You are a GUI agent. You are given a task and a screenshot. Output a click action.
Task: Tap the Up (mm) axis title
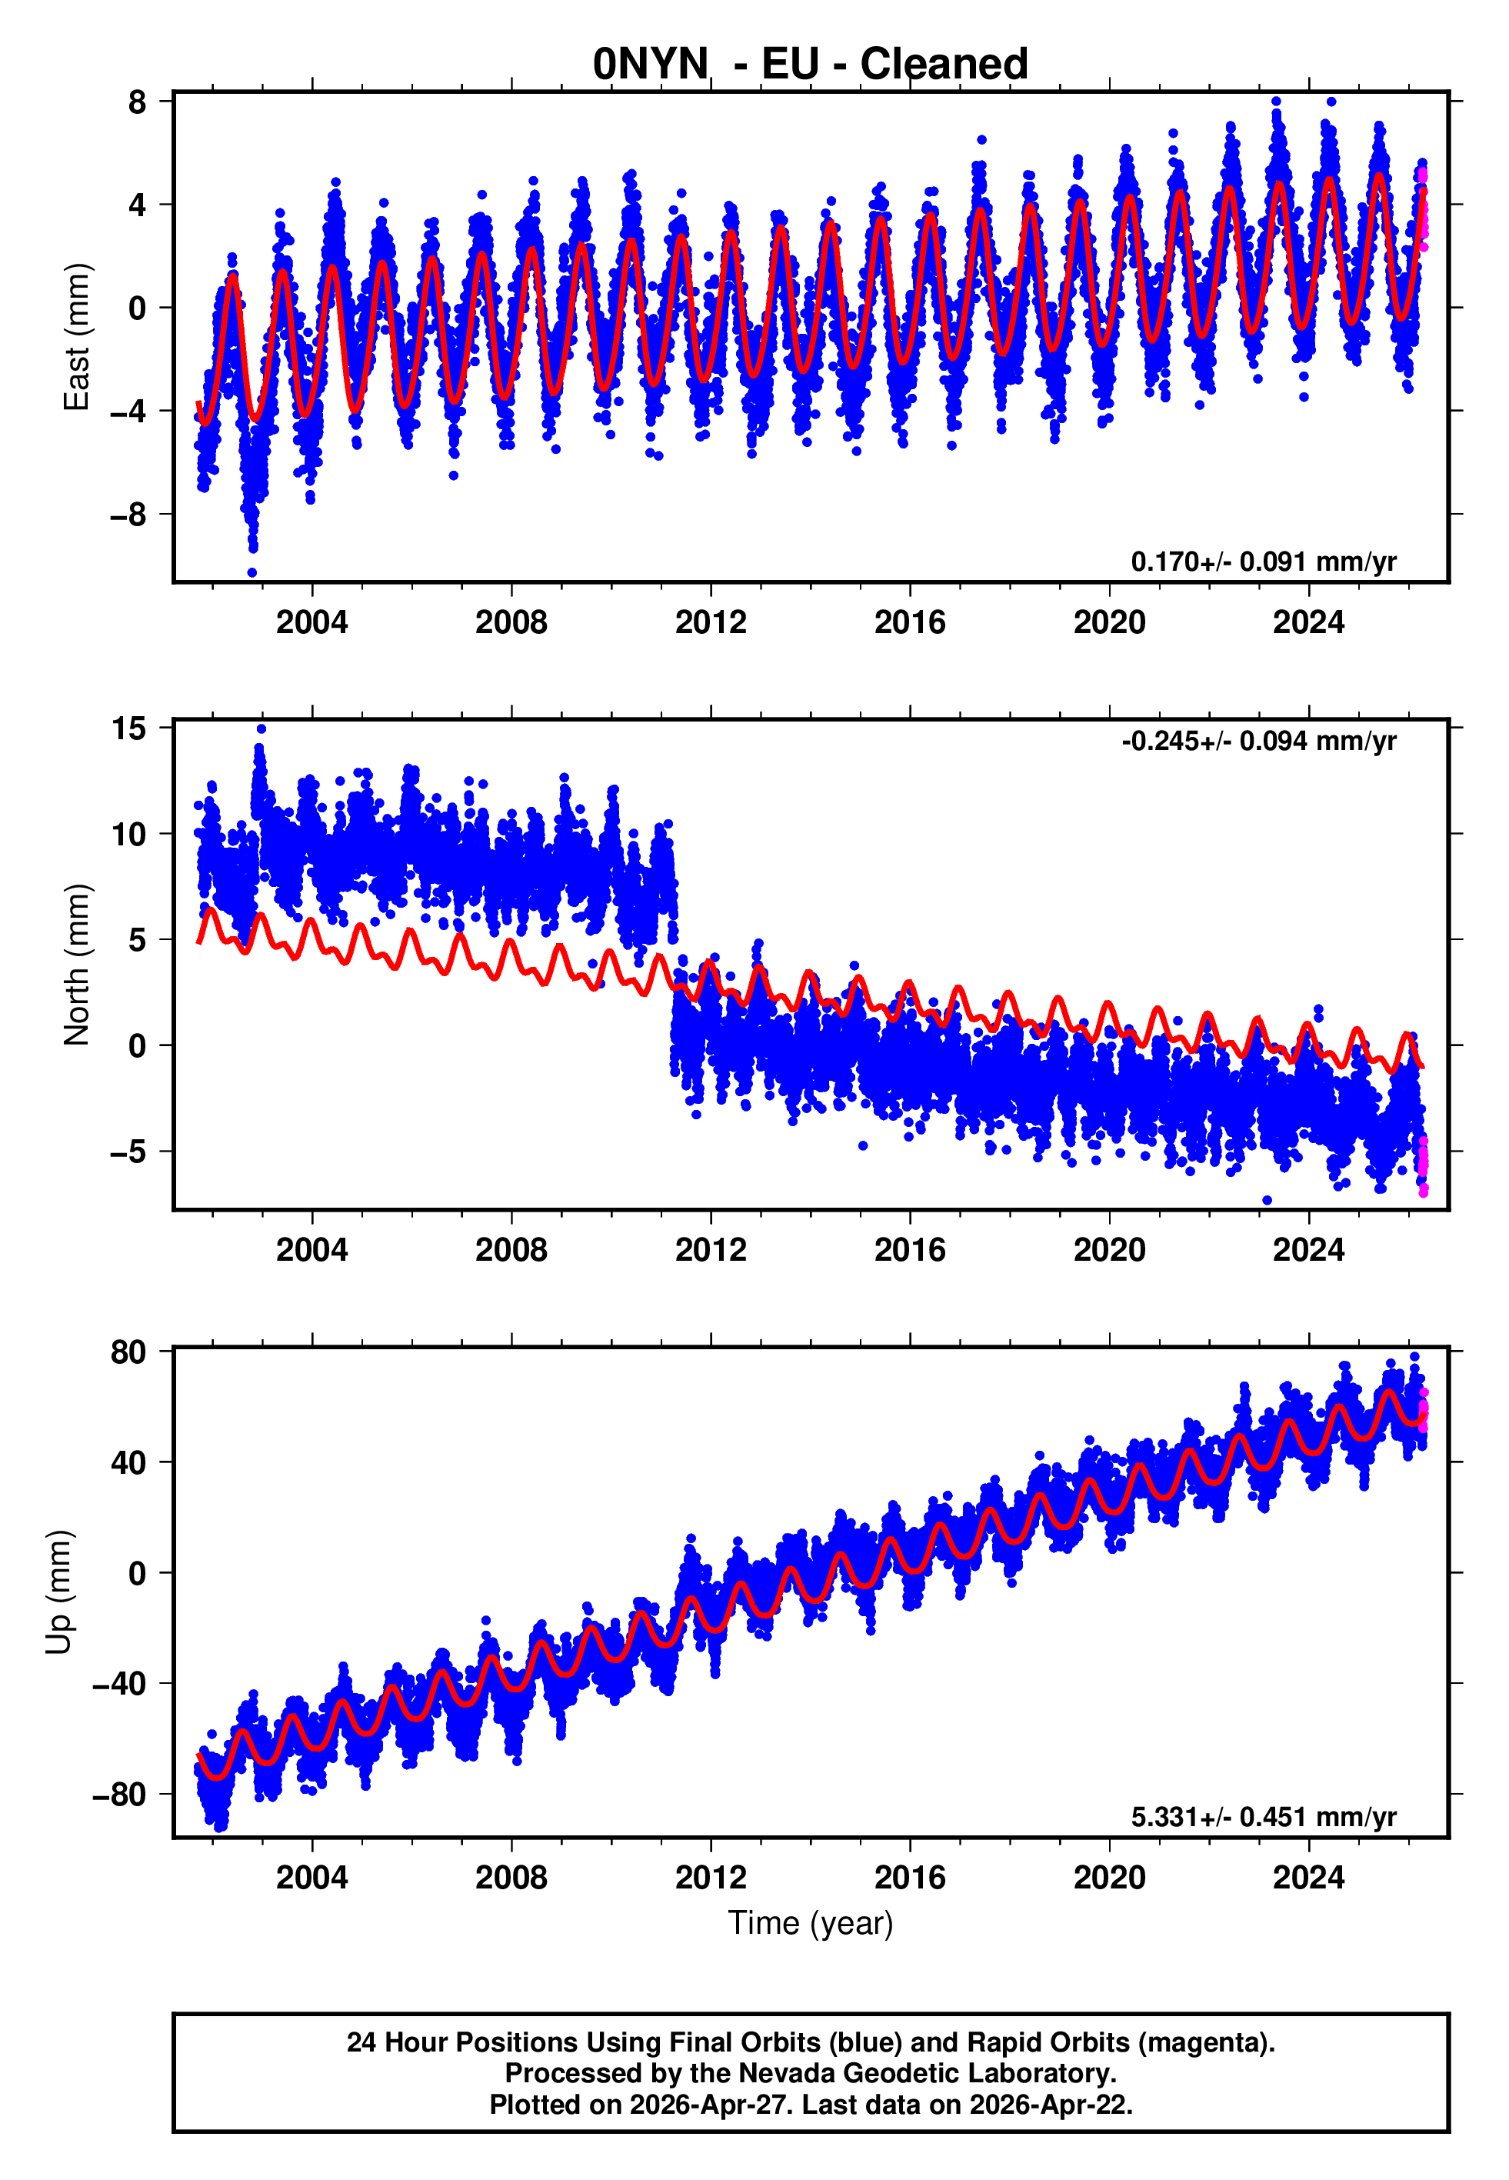58,1592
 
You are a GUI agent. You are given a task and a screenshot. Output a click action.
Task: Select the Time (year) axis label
811,1923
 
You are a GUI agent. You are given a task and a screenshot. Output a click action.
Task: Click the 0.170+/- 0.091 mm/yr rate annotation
1263,562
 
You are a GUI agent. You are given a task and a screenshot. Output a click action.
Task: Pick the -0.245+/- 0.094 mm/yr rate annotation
1258,742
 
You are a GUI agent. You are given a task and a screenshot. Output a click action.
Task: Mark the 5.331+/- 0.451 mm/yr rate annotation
1263,1817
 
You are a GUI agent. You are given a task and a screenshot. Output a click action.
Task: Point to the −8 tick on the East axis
128,515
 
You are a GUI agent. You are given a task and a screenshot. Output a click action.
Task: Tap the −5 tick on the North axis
128,1152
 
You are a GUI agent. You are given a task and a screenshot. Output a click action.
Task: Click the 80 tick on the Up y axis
128,1353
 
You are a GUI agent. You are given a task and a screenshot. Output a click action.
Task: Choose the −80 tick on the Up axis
119,1795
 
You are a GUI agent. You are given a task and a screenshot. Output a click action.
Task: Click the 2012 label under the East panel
710,622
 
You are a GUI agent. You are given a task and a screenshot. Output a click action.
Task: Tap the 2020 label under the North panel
1109,1250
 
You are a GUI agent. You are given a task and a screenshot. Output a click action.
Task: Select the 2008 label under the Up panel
511,1878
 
